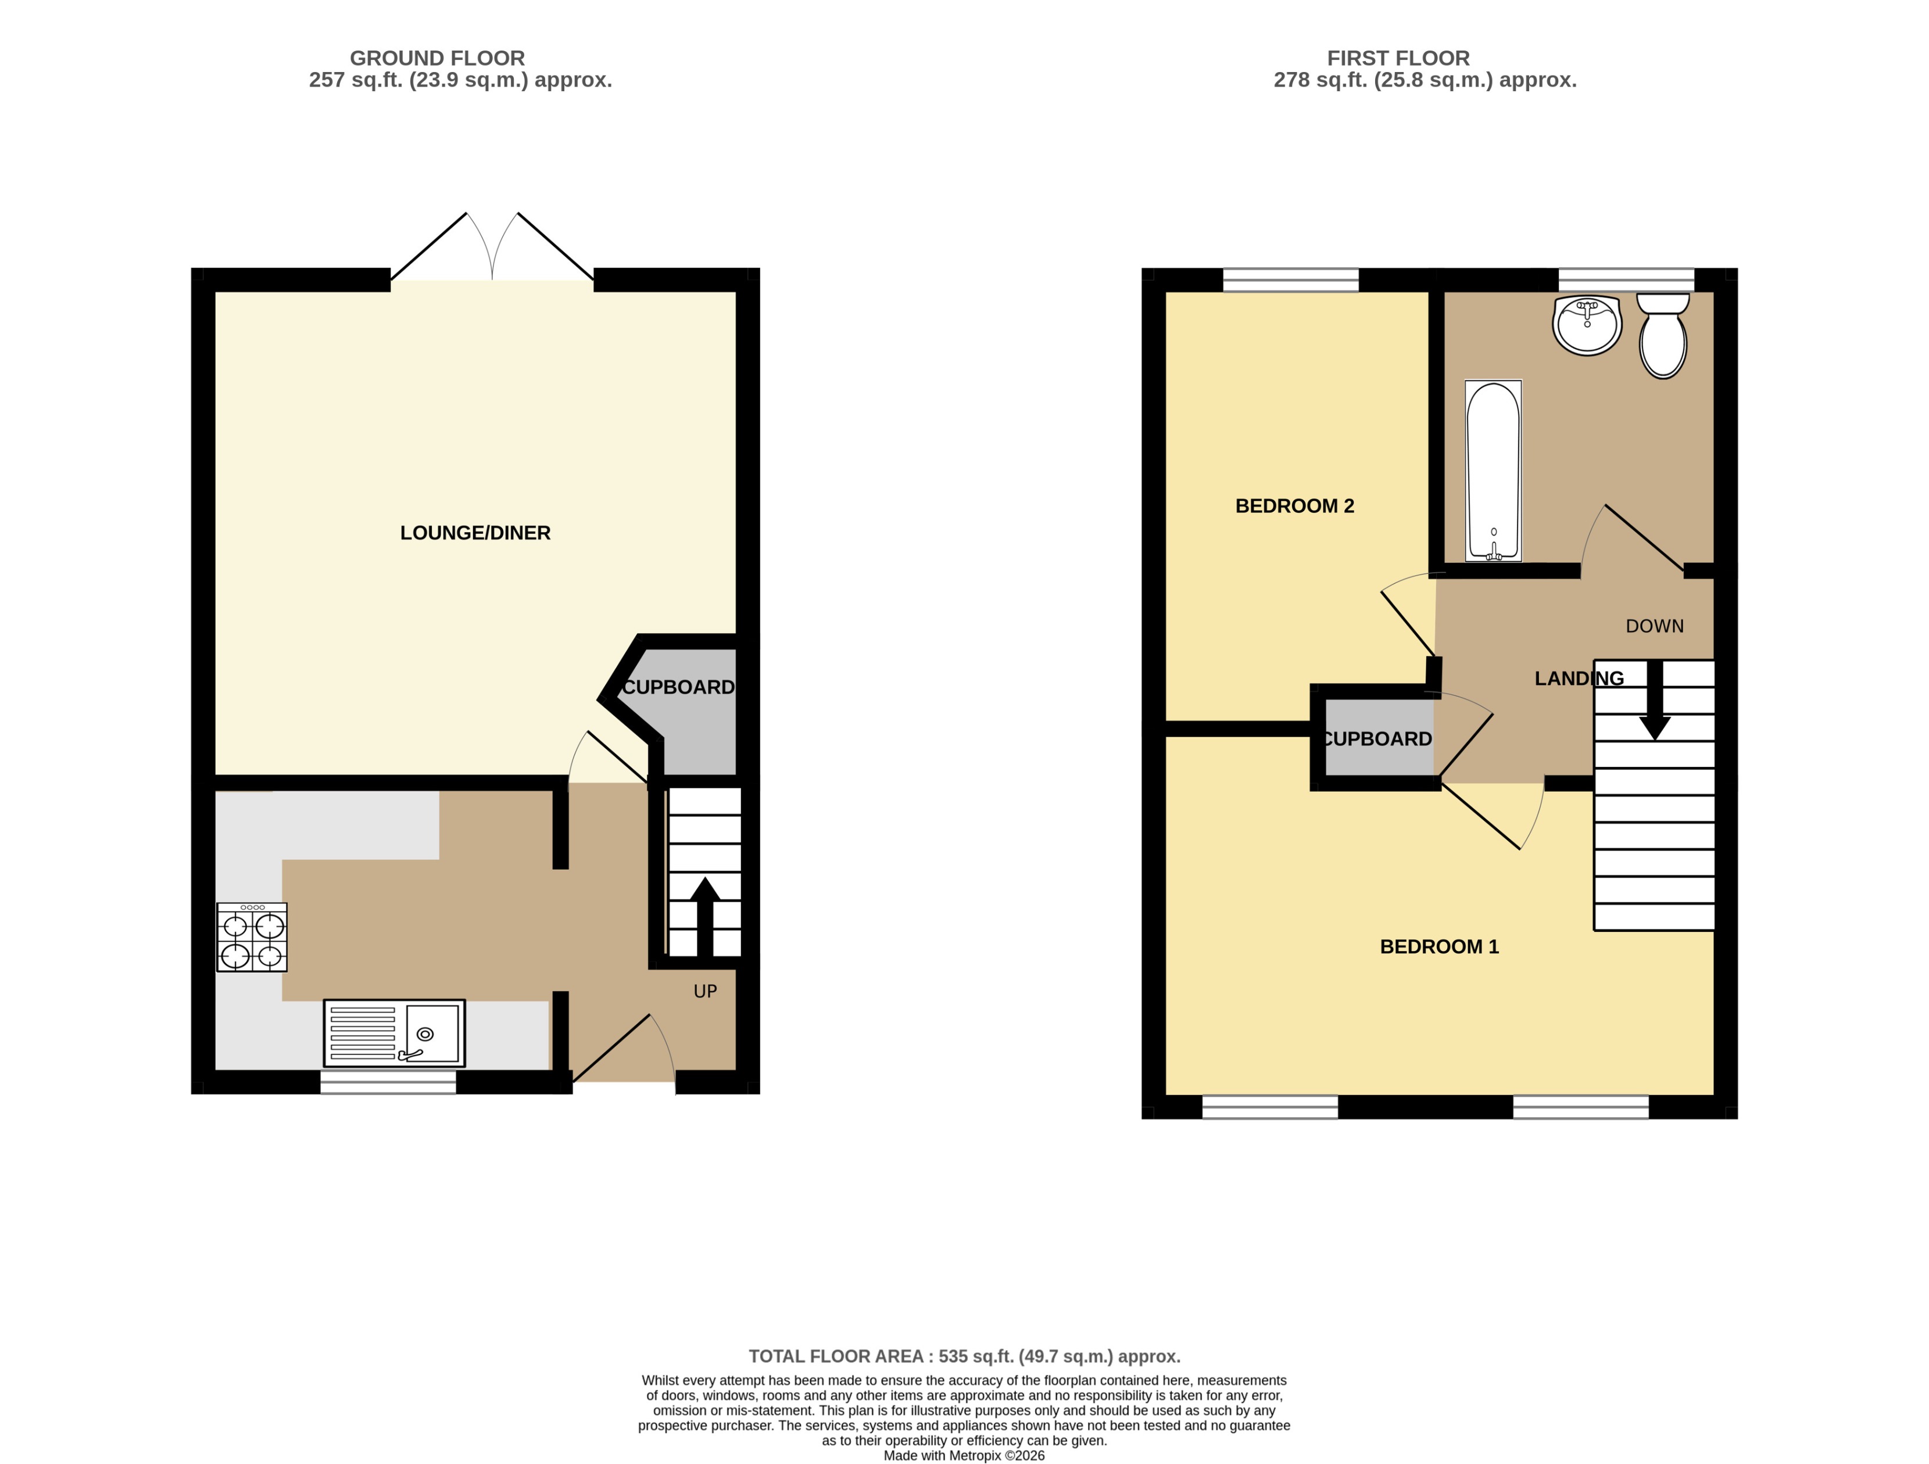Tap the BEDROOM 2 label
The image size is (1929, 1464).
pyautogui.click(x=1294, y=506)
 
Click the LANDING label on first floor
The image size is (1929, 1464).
pyautogui.click(x=1579, y=679)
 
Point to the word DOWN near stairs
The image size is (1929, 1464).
pyautogui.click(x=1654, y=626)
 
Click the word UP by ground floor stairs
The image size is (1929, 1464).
pyautogui.click(x=704, y=992)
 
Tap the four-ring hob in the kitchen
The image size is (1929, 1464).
pyautogui.click(x=252, y=937)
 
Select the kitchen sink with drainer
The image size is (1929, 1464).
pyautogui.click(x=394, y=1034)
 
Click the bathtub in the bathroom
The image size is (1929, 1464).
pyautogui.click(x=1493, y=471)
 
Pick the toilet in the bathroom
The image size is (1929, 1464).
pyautogui.click(x=1662, y=336)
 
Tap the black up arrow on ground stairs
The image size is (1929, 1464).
pyautogui.click(x=704, y=916)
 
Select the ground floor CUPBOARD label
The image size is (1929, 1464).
pyautogui.click(x=678, y=687)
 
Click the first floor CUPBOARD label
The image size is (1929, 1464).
pyautogui.click(x=1377, y=738)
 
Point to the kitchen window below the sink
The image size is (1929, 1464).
pyautogui.click(x=388, y=1082)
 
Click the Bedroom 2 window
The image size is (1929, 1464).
pyautogui.click(x=1291, y=279)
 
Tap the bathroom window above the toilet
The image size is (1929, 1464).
pyautogui.click(x=1626, y=279)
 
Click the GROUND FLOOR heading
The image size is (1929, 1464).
pyautogui.click(x=437, y=59)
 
